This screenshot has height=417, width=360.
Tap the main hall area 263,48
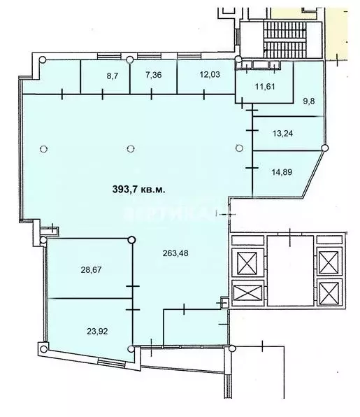tap(179, 255)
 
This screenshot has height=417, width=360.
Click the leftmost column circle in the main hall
tap(44, 148)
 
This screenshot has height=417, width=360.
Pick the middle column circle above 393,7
tap(131, 148)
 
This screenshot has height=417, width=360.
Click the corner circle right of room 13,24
tap(324, 147)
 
